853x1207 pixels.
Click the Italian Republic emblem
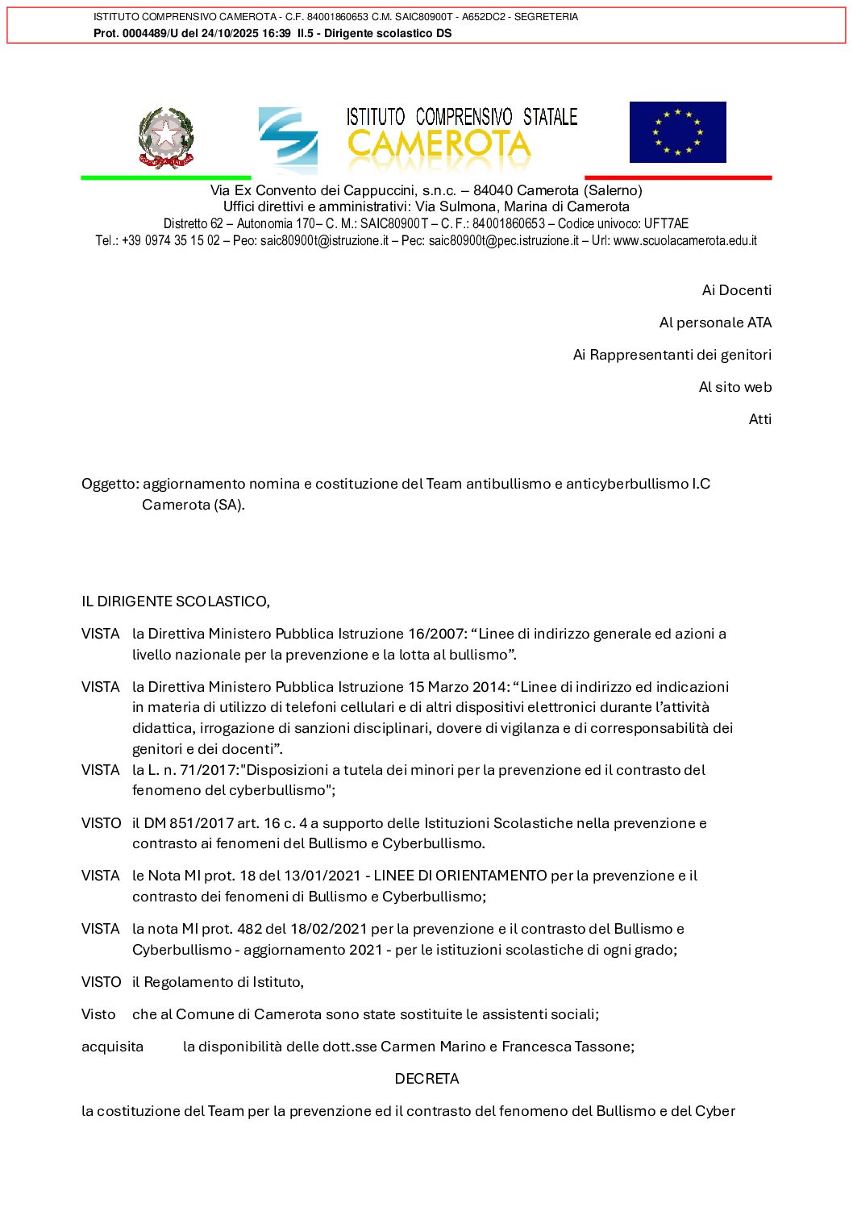(x=166, y=137)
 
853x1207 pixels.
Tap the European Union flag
(x=677, y=132)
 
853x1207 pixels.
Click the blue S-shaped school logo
(x=288, y=139)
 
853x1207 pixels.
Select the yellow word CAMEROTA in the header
(x=439, y=146)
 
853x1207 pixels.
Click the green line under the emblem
(x=165, y=177)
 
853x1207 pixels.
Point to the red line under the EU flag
(x=677, y=177)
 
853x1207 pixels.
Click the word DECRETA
(x=426, y=1079)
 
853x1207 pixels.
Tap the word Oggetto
(x=110, y=484)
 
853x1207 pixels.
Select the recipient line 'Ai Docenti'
(x=736, y=290)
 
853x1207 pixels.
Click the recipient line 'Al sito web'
(x=734, y=387)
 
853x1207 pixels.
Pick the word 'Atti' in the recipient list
(x=759, y=419)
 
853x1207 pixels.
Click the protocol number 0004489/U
(x=150, y=33)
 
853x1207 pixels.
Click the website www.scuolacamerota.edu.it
(x=684, y=240)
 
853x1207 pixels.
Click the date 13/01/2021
(x=326, y=876)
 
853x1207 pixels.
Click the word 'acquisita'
(x=112, y=1047)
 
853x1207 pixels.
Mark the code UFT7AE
(x=666, y=223)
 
